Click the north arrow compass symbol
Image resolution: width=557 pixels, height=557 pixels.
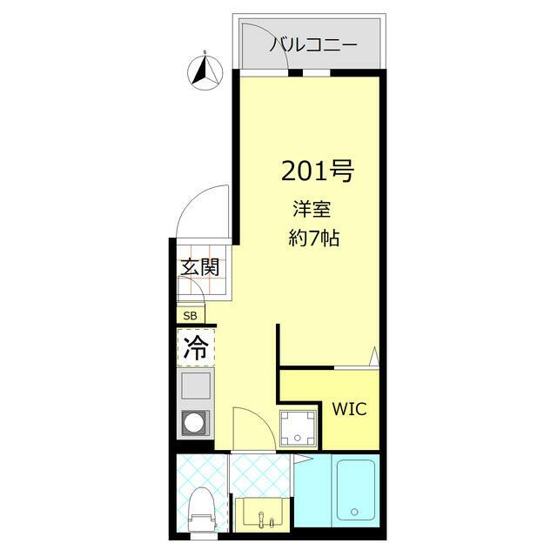pyautogui.click(x=206, y=71)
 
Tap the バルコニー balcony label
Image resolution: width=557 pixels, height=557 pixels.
pyautogui.click(x=312, y=45)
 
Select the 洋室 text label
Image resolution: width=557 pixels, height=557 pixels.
pyautogui.click(x=308, y=210)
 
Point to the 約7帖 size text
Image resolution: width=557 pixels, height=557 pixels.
pyautogui.click(x=312, y=238)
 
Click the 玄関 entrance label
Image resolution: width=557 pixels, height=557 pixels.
pyautogui.click(x=199, y=267)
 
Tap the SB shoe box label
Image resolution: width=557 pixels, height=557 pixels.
pyautogui.click(x=190, y=315)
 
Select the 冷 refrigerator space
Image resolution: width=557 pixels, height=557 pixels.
pyautogui.click(x=196, y=349)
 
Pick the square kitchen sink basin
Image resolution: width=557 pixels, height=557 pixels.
pyautogui.click(x=195, y=384)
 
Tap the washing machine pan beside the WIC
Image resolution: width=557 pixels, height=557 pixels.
pyautogui.click(x=299, y=426)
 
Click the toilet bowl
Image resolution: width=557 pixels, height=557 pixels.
pyautogui.click(x=202, y=508)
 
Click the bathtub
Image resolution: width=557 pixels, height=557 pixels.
pyautogui.click(x=354, y=491)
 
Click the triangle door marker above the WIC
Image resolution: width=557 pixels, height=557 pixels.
pyautogui.click(x=373, y=356)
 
